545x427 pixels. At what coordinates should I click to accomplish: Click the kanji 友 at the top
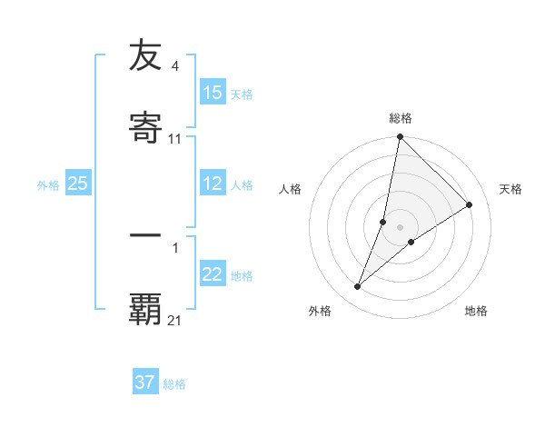[x=145, y=56]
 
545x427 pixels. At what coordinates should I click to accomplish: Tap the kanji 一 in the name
[x=145, y=234]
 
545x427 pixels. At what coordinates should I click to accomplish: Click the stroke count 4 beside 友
[x=175, y=65]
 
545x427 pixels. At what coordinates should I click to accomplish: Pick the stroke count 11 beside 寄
[x=175, y=138]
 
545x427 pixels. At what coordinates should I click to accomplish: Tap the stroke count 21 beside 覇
[x=175, y=320]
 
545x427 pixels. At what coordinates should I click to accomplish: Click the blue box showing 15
[x=213, y=93]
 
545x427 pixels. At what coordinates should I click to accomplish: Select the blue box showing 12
[x=213, y=184]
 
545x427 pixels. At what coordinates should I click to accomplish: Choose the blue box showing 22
[x=213, y=274]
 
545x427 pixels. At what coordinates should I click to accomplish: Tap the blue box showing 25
[x=78, y=184]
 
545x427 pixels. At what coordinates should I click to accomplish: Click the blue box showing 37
[x=145, y=382]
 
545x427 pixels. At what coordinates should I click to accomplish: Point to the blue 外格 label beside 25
[x=48, y=184]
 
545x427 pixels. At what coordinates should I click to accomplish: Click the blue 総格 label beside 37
[x=174, y=383]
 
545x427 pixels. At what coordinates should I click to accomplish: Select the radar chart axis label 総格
[x=401, y=118]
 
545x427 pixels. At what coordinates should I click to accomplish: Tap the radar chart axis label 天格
[x=511, y=189]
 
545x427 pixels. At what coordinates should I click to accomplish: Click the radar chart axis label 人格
[x=290, y=189]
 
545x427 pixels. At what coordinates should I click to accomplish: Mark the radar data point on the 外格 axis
[x=358, y=287]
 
